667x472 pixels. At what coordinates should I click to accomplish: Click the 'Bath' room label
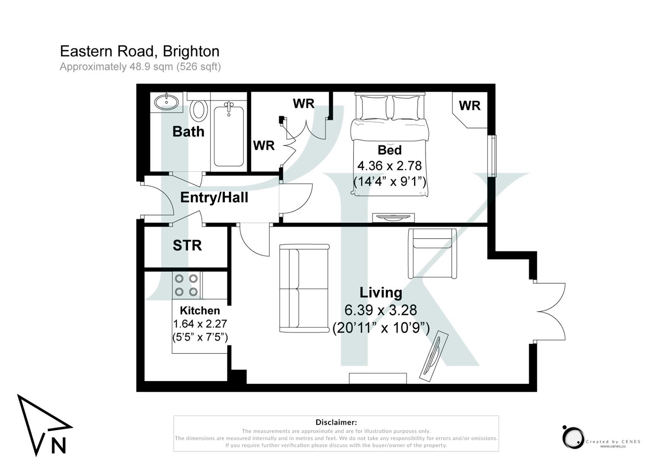(x=188, y=132)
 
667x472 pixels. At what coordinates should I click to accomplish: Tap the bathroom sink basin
(x=166, y=102)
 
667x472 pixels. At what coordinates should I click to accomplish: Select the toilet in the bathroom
(x=199, y=110)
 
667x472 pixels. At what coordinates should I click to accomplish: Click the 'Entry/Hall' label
(x=214, y=198)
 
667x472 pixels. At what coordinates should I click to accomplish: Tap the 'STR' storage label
(x=187, y=246)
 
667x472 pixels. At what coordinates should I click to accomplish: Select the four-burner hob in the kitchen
(x=186, y=285)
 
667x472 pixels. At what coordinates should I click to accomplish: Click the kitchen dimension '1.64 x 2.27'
(x=200, y=324)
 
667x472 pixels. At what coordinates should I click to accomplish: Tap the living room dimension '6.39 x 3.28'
(x=381, y=310)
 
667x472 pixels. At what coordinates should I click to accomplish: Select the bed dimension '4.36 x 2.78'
(x=389, y=166)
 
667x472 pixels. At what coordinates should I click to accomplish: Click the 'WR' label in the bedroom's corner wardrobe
(x=470, y=106)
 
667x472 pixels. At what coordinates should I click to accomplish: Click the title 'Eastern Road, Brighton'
(x=140, y=52)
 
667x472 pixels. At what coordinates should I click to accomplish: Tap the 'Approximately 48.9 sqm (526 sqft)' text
(x=140, y=67)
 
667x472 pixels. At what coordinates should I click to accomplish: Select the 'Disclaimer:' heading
(x=336, y=422)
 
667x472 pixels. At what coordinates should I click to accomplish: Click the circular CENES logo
(x=573, y=437)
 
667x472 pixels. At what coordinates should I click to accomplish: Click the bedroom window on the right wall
(x=493, y=156)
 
